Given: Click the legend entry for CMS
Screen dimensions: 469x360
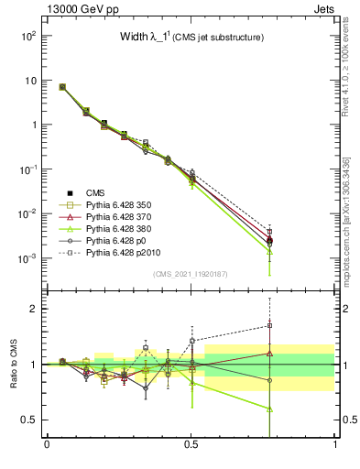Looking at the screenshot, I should (x=95, y=192).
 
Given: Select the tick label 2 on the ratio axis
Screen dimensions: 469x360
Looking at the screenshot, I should (x=34, y=309).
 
